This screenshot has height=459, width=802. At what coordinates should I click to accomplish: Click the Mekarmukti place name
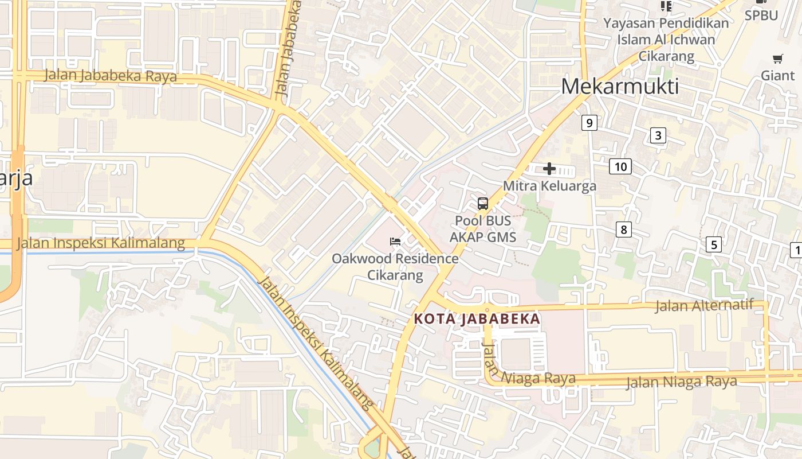tap(620, 87)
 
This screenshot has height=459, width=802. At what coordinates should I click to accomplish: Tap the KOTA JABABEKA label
tap(477, 319)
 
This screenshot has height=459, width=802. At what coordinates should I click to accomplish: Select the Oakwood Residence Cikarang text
tap(395, 267)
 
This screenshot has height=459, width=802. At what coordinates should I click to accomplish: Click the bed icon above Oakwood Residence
tap(395, 242)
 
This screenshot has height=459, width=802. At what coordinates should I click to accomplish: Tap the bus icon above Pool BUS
tap(483, 204)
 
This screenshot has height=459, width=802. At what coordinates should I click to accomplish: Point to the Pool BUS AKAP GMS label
tap(483, 229)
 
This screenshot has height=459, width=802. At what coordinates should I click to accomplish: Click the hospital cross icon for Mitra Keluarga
tap(549, 169)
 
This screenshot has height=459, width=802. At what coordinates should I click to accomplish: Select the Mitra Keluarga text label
tap(549, 186)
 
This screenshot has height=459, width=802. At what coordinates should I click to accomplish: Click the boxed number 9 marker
tap(588, 122)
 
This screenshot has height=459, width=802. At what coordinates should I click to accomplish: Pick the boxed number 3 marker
tap(658, 135)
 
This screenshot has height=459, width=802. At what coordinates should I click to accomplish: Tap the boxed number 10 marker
tap(620, 167)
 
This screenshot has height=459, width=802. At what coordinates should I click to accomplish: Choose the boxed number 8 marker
tap(623, 229)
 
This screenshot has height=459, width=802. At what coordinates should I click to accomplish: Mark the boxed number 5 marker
tap(713, 244)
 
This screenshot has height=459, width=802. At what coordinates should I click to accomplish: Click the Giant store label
tap(777, 75)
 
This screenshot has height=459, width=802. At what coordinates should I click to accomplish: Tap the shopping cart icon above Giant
tap(777, 59)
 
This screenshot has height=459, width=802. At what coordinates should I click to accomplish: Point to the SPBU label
tap(761, 15)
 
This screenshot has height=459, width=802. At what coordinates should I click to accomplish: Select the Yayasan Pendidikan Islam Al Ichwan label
tap(666, 40)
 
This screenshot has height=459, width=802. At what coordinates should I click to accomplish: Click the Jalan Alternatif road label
tap(704, 305)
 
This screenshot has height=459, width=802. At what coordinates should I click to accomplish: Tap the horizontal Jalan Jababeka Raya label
tap(110, 76)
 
